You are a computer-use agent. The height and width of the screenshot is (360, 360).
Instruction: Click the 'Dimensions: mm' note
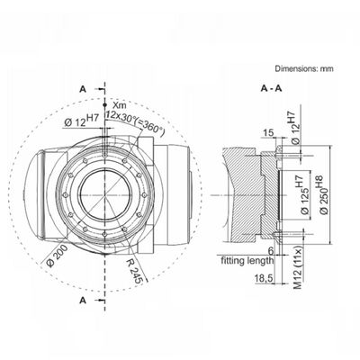point(304,68)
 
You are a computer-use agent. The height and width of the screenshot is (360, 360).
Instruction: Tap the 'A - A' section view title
point(272,88)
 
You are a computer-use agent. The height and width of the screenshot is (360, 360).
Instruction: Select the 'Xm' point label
point(119,105)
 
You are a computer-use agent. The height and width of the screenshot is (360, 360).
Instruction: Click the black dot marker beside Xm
point(104,104)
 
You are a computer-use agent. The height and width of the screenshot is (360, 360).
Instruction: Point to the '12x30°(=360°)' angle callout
point(135,123)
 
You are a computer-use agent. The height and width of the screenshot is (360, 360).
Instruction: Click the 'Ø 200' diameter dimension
point(57,255)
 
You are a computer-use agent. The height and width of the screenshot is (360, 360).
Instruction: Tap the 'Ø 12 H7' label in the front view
point(81,121)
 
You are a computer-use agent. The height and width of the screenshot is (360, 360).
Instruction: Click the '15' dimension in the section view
point(268,132)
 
